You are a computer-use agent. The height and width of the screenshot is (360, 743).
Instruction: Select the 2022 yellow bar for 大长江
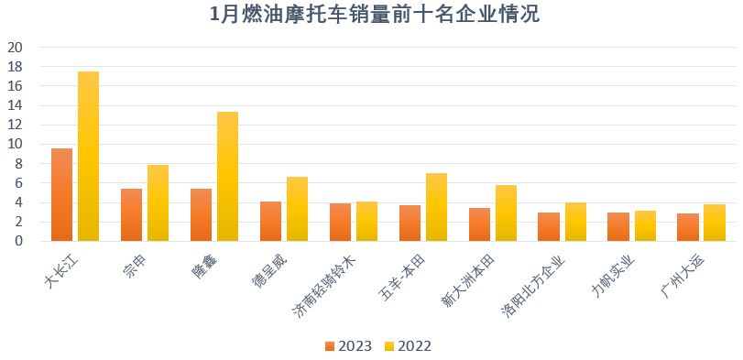click(88, 156)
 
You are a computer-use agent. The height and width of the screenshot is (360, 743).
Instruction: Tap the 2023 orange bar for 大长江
click(61, 194)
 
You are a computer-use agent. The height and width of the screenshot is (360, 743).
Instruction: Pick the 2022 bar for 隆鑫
click(227, 176)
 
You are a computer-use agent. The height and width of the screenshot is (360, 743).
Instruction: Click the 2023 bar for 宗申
click(131, 214)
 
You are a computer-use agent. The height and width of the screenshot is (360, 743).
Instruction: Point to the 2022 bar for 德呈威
click(297, 209)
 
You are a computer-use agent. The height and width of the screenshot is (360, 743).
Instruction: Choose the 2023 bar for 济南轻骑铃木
click(340, 222)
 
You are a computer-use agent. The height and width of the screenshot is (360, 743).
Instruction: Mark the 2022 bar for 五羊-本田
click(436, 207)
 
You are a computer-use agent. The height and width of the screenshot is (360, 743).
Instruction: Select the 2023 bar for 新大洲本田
click(479, 224)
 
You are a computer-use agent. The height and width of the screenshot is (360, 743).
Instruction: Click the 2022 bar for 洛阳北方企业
click(575, 221)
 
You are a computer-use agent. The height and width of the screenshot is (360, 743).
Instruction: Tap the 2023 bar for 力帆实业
click(618, 226)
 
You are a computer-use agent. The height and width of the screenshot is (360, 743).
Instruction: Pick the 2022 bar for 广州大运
click(715, 222)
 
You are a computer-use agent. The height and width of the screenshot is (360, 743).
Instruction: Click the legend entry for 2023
click(348, 345)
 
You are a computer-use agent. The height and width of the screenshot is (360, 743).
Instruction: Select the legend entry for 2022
click(408, 345)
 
